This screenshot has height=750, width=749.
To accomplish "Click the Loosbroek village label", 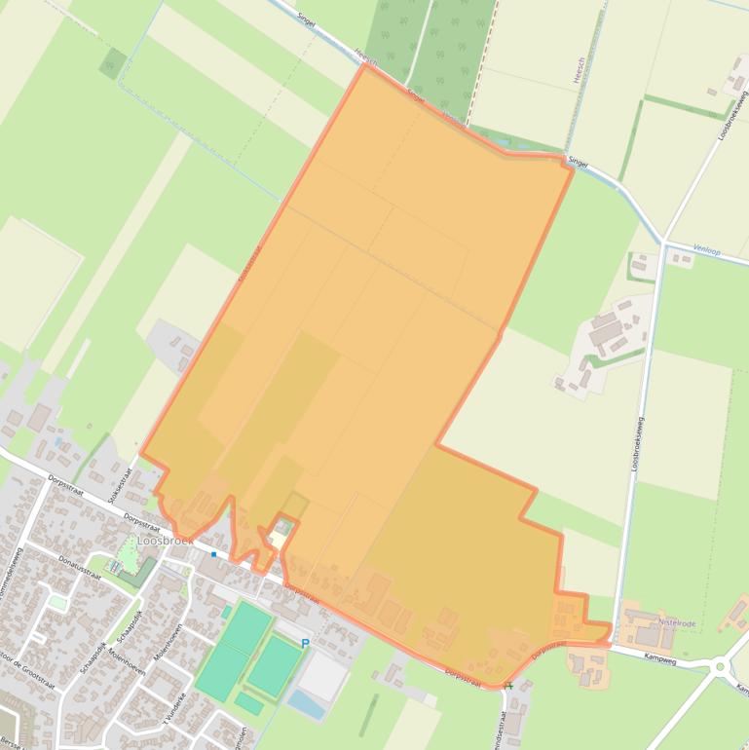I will tap(167, 540).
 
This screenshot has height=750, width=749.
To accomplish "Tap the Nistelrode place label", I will tap(680, 621).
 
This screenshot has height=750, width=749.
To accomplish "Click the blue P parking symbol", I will tap(305, 644).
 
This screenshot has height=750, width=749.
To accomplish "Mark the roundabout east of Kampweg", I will tap(722, 667).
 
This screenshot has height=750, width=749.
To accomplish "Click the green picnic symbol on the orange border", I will tap(508, 686).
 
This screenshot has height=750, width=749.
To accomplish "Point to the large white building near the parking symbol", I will tap(322, 675).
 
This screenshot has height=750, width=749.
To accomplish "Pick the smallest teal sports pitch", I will tap(247, 703).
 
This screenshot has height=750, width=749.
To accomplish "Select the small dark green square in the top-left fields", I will tap(112, 63).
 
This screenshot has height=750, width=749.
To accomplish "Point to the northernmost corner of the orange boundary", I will tap(365, 65).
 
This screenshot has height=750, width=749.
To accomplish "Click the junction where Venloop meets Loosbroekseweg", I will tap(664, 243).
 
